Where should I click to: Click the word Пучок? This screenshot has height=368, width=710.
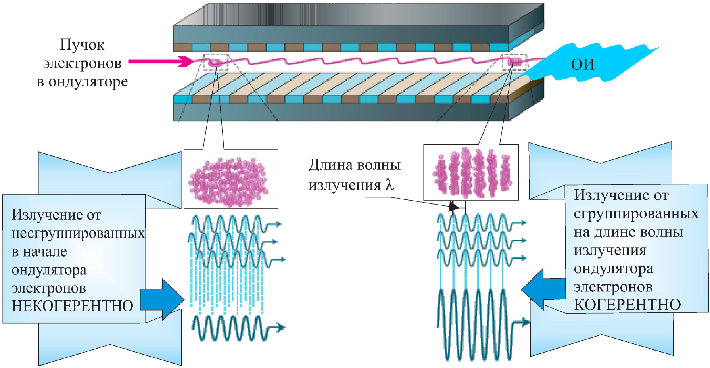[x=82, y=45]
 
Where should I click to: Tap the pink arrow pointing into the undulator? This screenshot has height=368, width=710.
[x=161, y=61]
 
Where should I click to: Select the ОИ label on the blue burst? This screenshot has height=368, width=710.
[x=583, y=64]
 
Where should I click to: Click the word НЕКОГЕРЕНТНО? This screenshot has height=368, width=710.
[x=72, y=306]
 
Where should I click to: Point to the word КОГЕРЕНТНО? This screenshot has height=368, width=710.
[x=627, y=305]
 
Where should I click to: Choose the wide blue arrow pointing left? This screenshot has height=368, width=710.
[x=543, y=289]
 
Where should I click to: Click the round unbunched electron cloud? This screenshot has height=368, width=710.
[x=228, y=182]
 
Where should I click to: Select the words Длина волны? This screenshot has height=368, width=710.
[x=355, y=165]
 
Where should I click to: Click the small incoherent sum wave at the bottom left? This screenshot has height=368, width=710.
[x=238, y=328]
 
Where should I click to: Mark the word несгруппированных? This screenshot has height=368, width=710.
[x=78, y=234]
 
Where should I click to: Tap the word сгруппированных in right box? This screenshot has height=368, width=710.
[x=636, y=214]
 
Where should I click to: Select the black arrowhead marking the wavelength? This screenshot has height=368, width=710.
[x=453, y=207]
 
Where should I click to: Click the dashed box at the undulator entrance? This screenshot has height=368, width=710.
[x=216, y=62]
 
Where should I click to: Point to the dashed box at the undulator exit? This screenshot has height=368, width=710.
[x=515, y=62]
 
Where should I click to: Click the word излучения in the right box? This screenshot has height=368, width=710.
[x=610, y=251]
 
